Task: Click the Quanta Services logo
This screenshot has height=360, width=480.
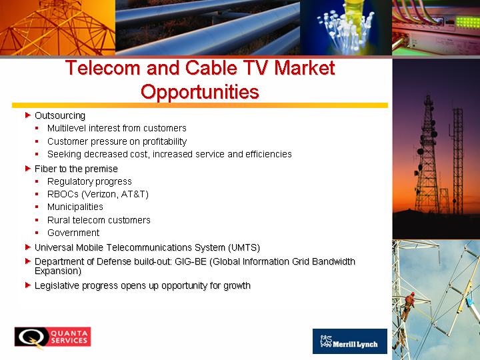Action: [x=53, y=337]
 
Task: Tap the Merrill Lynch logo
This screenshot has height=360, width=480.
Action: [x=349, y=341]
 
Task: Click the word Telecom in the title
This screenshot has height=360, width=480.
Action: [x=103, y=67]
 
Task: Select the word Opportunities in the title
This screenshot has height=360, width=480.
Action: [x=200, y=92]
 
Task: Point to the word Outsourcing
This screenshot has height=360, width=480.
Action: [x=60, y=115]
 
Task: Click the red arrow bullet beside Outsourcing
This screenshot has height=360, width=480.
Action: [x=28, y=115]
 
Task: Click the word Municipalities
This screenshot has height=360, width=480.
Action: [x=75, y=207]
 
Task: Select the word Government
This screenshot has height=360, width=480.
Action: [x=73, y=233]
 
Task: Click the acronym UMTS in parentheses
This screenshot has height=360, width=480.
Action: [x=244, y=247]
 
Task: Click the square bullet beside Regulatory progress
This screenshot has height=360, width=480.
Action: [x=37, y=181]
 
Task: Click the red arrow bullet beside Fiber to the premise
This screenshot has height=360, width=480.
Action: [x=28, y=169]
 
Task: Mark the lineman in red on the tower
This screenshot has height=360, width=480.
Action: [x=409, y=305]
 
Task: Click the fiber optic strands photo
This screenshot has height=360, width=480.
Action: [x=346, y=27]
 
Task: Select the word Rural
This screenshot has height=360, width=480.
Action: [x=57, y=220]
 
